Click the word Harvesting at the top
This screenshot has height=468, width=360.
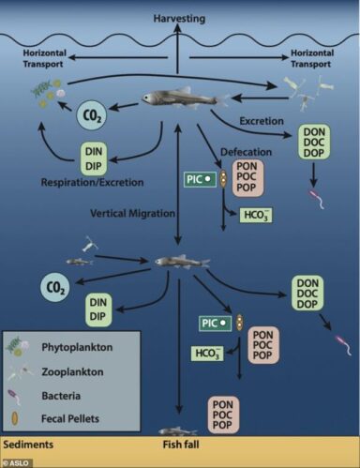pos(179,19)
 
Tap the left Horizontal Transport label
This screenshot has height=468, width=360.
pos(44,58)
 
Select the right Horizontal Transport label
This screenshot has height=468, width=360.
pos(312,58)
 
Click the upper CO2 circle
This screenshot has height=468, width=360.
pos(92,115)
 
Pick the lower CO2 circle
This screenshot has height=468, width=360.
pos(54,288)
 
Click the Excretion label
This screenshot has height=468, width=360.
pos(262,121)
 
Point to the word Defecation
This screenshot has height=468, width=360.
pos(247,152)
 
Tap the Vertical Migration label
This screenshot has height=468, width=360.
pos(132,214)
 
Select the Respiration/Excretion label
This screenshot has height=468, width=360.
pos(92,182)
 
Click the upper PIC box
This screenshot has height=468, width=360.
pos(200,179)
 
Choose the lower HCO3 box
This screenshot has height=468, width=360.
pos(207,354)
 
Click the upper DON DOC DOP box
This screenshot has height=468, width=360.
pos(314,143)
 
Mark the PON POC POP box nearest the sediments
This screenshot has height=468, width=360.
pos(222,415)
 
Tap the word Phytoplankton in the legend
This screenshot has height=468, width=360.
pos(77,347)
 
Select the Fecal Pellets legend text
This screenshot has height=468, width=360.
pos(70,418)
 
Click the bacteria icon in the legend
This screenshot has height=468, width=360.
pos(14,397)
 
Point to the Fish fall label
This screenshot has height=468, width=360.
pos(181,445)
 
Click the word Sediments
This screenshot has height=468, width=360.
pos(28,445)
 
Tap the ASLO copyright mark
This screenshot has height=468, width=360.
pos(16,463)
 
